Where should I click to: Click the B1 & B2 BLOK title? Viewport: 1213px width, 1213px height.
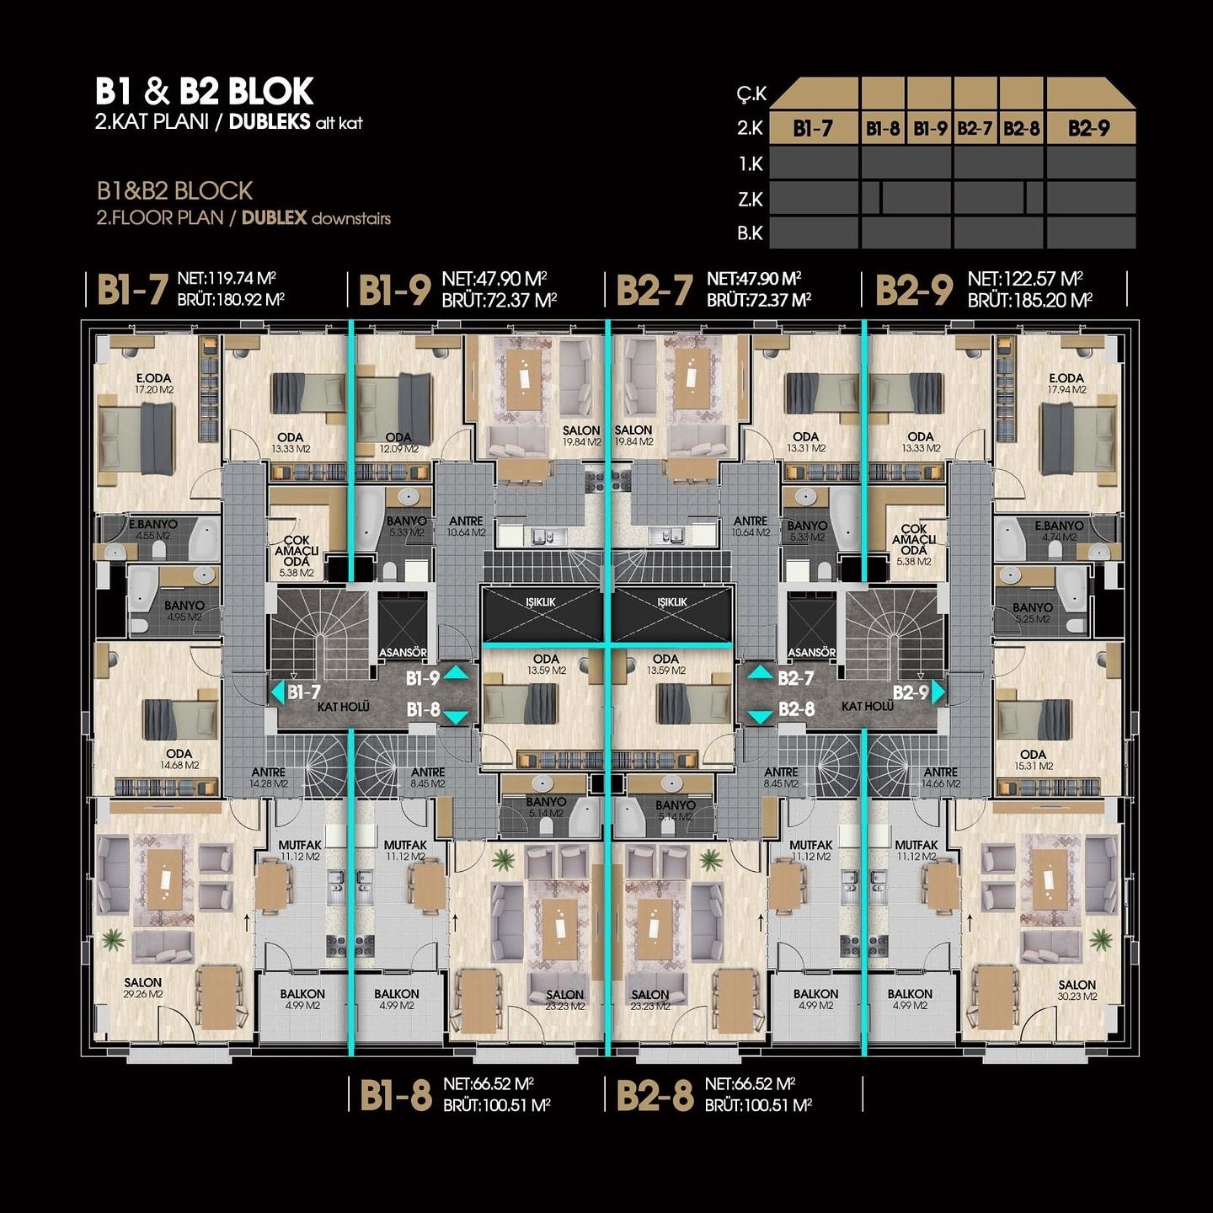[x=204, y=91]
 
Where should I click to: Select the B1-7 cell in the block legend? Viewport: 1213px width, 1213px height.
[x=813, y=128]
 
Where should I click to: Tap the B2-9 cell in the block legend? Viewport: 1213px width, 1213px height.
[x=1089, y=128]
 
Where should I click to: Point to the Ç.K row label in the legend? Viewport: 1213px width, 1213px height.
[x=751, y=94]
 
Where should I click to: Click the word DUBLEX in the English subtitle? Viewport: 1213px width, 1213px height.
[x=274, y=217]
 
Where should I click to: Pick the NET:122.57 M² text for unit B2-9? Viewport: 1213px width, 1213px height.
[x=1024, y=279]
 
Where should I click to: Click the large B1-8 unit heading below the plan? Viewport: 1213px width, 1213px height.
[x=395, y=1095]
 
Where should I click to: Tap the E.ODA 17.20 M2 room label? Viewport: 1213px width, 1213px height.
[x=154, y=384]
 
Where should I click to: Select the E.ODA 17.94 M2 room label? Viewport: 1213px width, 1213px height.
[x=1066, y=384]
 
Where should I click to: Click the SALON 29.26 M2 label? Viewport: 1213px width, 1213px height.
[x=143, y=988]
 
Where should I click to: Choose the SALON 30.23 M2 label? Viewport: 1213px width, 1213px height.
[x=1077, y=990]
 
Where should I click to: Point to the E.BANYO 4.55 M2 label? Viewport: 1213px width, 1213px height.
[x=153, y=529]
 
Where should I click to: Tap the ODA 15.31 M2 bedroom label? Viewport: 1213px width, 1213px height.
[x=1033, y=760]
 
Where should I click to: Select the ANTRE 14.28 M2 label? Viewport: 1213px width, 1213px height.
[x=269, y=777]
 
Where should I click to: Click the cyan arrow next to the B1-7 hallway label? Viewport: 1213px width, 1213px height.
[x=277, y=692]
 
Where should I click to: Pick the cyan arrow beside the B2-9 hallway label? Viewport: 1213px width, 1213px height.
[x=938, y=692]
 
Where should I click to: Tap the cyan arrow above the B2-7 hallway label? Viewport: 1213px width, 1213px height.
[x=760, y=672]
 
